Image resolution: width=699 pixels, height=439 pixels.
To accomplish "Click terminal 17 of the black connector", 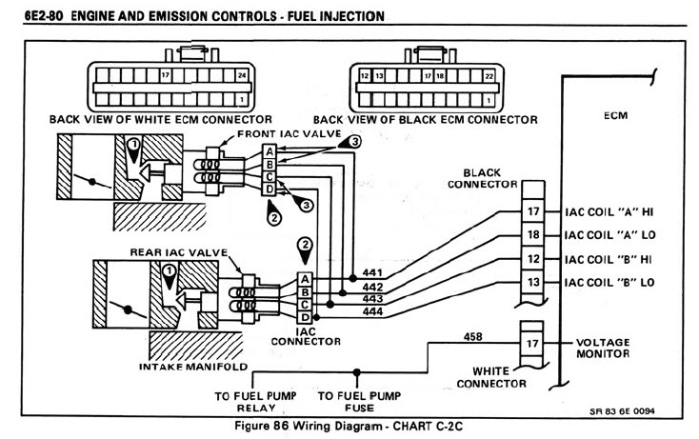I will tap(533, 211).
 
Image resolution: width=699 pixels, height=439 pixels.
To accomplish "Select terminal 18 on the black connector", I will tap(533, 234).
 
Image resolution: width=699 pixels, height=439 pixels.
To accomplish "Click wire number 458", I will tap(470, 336).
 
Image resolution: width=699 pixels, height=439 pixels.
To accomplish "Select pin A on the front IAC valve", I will tap(270, 151).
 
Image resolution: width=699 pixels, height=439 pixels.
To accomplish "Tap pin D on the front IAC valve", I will tap(270, 189).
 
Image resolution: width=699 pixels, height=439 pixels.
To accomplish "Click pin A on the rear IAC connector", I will tap(305, 278).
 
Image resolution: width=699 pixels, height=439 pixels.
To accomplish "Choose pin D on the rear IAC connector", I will tap(305, 315).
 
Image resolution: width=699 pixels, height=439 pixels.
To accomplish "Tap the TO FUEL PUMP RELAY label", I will tap(255, 400).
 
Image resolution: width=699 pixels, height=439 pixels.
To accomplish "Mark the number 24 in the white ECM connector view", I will tap(241, 73).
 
